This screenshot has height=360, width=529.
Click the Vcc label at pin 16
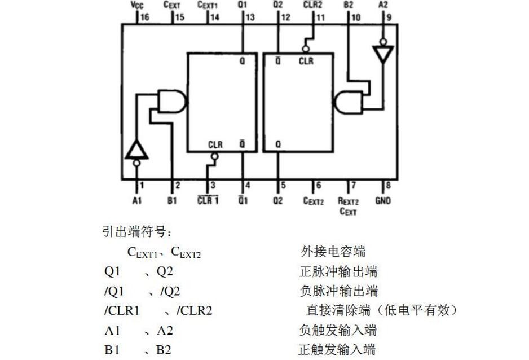[x=137, y=5]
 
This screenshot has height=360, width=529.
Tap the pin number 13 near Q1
[x=250, y=17]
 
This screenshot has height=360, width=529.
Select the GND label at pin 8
[x=383, y=201]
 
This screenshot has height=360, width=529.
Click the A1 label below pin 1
[x=136, y=201]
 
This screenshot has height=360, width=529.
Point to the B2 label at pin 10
[x=348, y=5]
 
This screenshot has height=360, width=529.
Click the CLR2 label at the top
[x=313, y=5]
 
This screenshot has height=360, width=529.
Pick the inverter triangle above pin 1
[x=136, y=150]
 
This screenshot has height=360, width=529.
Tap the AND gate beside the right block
[x=349, y=102]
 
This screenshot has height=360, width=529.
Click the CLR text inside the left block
[x=215, y=145]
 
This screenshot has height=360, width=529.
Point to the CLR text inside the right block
[x=306, y=61]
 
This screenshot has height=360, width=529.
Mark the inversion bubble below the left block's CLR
[x=214, y=156]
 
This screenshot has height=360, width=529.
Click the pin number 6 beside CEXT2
[x=318, y=185]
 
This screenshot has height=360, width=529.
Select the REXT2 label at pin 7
[x=348, y=201]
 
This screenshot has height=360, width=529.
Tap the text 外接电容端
[x=333, y=251]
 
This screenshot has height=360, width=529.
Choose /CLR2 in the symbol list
[x=195, y=310]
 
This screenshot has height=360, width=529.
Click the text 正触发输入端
[x=337, y=349]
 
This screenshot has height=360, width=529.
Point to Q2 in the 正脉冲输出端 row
[x=165, y=271]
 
